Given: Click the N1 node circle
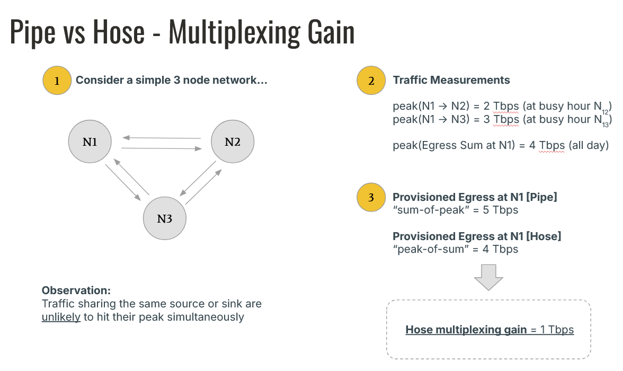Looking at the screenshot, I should [90, 142].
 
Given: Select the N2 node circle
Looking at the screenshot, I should [233, 142].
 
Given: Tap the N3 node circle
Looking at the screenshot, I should [165, 218].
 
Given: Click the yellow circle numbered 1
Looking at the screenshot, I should [57, 81].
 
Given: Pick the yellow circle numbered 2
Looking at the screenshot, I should [371, 81].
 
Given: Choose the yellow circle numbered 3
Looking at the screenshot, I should [371, 198].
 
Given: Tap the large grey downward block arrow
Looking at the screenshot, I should [488, 277].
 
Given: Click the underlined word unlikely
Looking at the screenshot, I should [61, 317].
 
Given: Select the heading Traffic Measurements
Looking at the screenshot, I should [451, 81].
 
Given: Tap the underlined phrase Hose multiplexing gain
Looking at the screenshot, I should [466, 330].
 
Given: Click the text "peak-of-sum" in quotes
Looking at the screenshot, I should [429, 249].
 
